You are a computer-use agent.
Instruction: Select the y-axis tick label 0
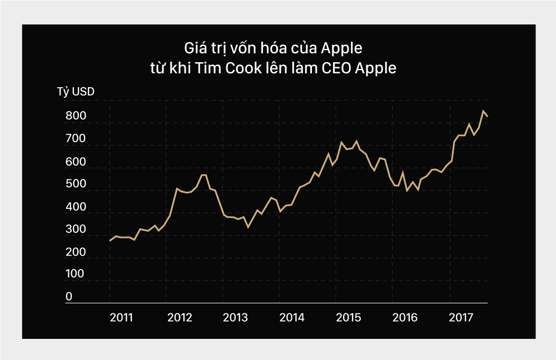pyautogui.click(x=69, y=297)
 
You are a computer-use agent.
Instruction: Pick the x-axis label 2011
pyautogui.click(x=121, y=318)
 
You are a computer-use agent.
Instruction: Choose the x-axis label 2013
pyautogui.click(x=235, y=318)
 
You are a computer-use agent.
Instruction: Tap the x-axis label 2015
pyautogui.click(x=348, y=318)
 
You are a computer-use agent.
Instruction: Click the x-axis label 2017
pyautogui.click(x=461, y=318)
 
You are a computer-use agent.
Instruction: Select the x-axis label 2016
pyautogui.click(x=404, y=318)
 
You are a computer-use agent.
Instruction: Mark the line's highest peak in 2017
pyautogui.click(x=483, y=111)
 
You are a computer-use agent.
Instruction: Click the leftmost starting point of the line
pyautogui.click(x=110, y=241)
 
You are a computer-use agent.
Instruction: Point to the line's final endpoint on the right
pyautogui.click(x=488, y=116)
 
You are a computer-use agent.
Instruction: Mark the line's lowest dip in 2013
pyautogui.click(x=248, y=227)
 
